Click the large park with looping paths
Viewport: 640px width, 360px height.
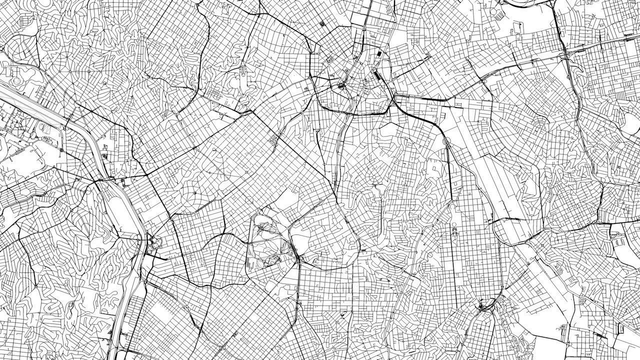point(267,240)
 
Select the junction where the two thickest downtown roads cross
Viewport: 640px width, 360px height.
point(395,97)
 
